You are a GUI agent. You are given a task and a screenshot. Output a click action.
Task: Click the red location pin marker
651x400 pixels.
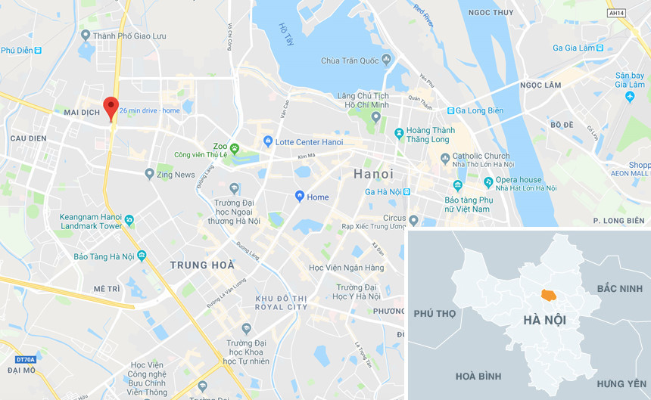point(111,107)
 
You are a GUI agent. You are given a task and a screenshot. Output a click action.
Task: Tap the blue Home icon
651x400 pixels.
point(300,197)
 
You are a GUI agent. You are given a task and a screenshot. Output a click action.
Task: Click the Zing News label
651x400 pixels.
point(176,175)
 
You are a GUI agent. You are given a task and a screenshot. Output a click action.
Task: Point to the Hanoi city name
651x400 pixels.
point(373,174)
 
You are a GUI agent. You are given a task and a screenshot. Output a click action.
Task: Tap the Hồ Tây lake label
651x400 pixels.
point(285,33)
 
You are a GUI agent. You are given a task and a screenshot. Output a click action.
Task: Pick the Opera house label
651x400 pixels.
point(519,180)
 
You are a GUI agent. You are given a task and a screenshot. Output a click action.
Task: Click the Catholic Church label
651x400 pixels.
point(481,156)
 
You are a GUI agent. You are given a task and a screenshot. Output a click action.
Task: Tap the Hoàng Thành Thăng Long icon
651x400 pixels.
point(400,134)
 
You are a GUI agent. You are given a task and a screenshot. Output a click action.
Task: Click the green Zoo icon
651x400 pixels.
point(235,147)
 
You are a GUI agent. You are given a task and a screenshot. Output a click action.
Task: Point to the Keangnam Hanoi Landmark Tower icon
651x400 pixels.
point(129,221)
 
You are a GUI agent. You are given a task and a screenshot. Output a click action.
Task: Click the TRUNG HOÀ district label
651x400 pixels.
point(202,265)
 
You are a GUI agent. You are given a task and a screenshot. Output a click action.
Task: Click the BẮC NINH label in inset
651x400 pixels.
point(619,289)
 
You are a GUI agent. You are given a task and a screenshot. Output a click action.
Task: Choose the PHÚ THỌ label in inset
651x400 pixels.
point(435,313)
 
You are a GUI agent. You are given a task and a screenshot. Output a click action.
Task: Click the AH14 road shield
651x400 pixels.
point(617,13)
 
